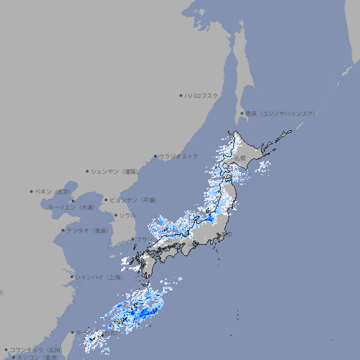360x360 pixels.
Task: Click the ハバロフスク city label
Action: (x=202, y=95)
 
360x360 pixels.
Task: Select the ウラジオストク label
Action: (x=179, y=156)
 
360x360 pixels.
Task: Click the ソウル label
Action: (x=127, y=215)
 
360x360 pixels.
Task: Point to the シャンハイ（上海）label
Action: (x=98, y=277)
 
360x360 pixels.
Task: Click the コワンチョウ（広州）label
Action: (x=35, y=349)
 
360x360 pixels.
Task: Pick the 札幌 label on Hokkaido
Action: (x=240, y=158)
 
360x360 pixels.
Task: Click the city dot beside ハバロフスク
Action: (x=181, y=95)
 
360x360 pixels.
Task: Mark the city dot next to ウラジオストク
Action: (x=155, y=156)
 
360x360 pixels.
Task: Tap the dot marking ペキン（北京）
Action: (x=32, y=191)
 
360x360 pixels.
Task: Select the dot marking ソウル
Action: (x=115, y=215)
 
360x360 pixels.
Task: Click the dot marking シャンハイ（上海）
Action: (x=72, y=277)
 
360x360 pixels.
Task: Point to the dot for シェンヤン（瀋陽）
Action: (x=88, y=171)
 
